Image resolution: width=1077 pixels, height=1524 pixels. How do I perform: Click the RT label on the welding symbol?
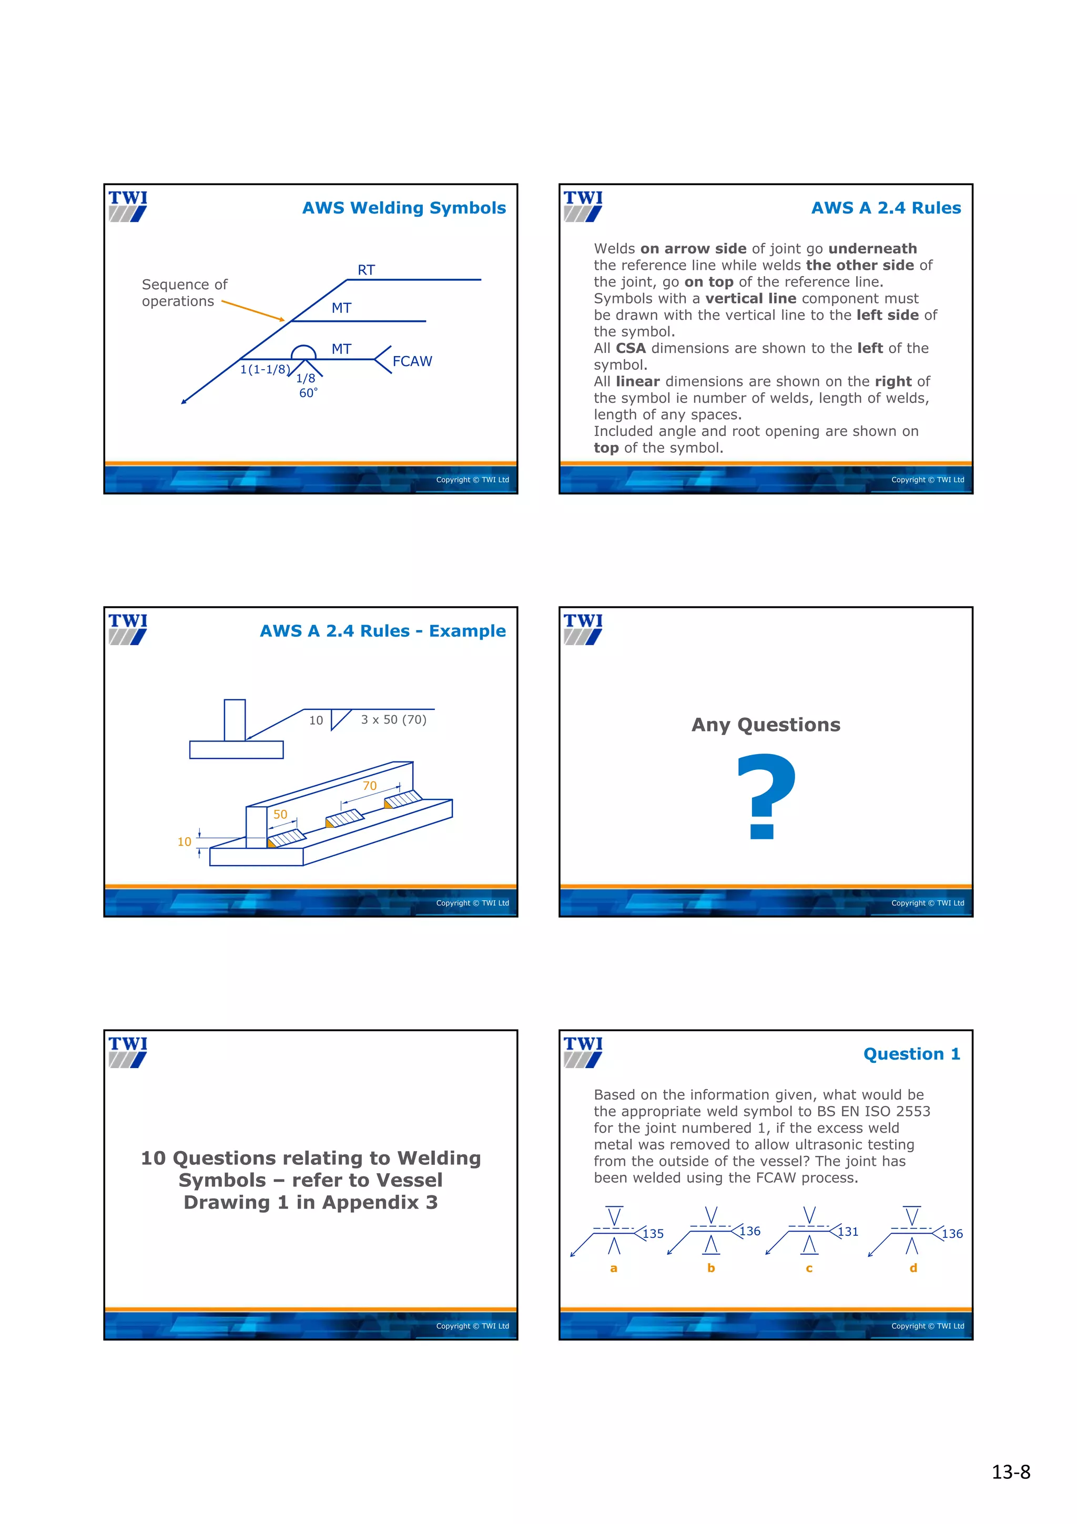(367, 270)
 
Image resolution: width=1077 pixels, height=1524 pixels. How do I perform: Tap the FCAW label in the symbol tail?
(412, 361)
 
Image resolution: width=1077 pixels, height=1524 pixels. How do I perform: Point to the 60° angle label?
(308, 393)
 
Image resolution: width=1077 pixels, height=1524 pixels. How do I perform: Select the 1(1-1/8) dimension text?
(265, 369)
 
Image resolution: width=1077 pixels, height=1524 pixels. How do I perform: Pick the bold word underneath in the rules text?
(872, 249)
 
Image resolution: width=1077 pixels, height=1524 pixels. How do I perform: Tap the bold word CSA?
(631, 349)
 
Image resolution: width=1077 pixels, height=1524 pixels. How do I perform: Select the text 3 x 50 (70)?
(393, 719)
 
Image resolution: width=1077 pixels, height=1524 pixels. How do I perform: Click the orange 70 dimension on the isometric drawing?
(370, 786)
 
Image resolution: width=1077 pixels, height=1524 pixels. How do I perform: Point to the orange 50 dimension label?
(281, 815)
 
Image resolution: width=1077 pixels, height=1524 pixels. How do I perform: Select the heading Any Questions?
(765, 725)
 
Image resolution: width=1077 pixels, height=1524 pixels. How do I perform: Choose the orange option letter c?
(809, 1268)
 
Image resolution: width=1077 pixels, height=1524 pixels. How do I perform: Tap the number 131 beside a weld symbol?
(848, 1232)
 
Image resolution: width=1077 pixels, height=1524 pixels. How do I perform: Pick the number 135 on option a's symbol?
(653, 1234)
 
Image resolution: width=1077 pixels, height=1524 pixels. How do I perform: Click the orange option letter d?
(913, 1268)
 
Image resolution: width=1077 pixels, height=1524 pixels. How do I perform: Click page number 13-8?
(1010, 1472)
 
